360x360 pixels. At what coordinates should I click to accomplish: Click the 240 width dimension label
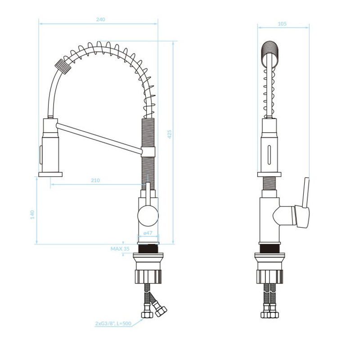tap(100, 19)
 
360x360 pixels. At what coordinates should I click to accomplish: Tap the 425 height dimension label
tap(170, 134)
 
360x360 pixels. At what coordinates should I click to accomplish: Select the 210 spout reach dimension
tap(95, 180)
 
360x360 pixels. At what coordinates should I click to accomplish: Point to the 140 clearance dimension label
tap(32, 215)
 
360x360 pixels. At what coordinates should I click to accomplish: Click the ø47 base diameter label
tap(148, 233)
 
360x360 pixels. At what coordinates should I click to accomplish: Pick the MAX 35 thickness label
tap(120, 249)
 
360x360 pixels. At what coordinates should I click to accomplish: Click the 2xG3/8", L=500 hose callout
tap(113, 324)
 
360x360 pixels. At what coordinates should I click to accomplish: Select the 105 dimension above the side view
tap(282, 24)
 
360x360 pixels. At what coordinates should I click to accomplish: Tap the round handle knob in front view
tap(148, 216)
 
